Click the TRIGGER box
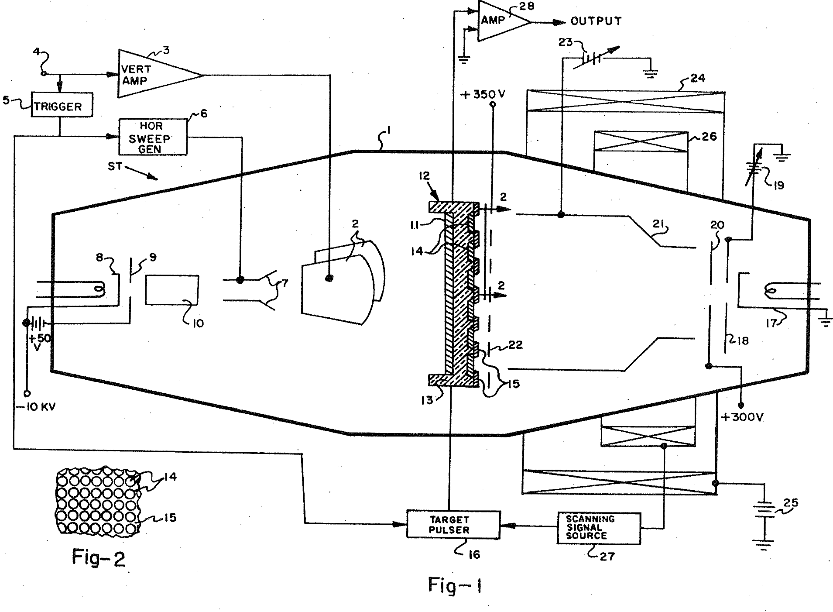[62, 105]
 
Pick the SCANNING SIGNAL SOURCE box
[599, 528]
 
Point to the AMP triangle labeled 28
[500, 21]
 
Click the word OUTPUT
[596, 21]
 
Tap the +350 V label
[483, 94]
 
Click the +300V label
[742, 417]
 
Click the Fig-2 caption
[99, 558]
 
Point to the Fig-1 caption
[455, 585]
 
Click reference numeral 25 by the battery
[791, 503]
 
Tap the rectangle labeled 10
[172, 289]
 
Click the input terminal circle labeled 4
[43, 74]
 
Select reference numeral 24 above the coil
[697, 79]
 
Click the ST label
[115, 167]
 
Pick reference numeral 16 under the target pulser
[474, 554]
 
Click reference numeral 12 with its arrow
[424, 176]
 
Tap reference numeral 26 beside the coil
[709, 137]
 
